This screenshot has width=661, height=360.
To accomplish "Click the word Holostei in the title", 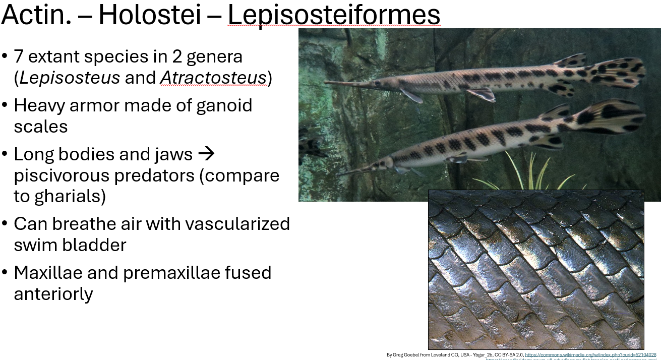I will (x=149, y=15).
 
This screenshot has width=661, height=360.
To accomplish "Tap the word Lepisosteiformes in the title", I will (x=334, y=15).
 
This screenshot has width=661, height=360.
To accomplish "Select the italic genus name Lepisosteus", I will (x=70, y=78).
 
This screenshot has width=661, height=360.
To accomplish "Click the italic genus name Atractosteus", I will (x=213, y=78).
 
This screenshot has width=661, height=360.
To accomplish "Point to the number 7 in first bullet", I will (x=19, y=56).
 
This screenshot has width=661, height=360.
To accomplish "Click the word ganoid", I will (x=224, y=105).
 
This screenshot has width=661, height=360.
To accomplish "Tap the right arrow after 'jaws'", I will (x=206, y=154).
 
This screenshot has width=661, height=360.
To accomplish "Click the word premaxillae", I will (x=172, y=273).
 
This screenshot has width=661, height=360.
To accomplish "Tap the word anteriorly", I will (x=53, y=293).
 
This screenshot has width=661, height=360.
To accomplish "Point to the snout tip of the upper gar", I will (x=327, y=82).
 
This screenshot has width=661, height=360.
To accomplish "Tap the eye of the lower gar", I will (x=388, y=162).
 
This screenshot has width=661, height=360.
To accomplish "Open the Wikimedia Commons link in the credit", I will (x=590, y=355).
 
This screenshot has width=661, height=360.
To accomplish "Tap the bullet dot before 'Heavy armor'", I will (x=5, y=105).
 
